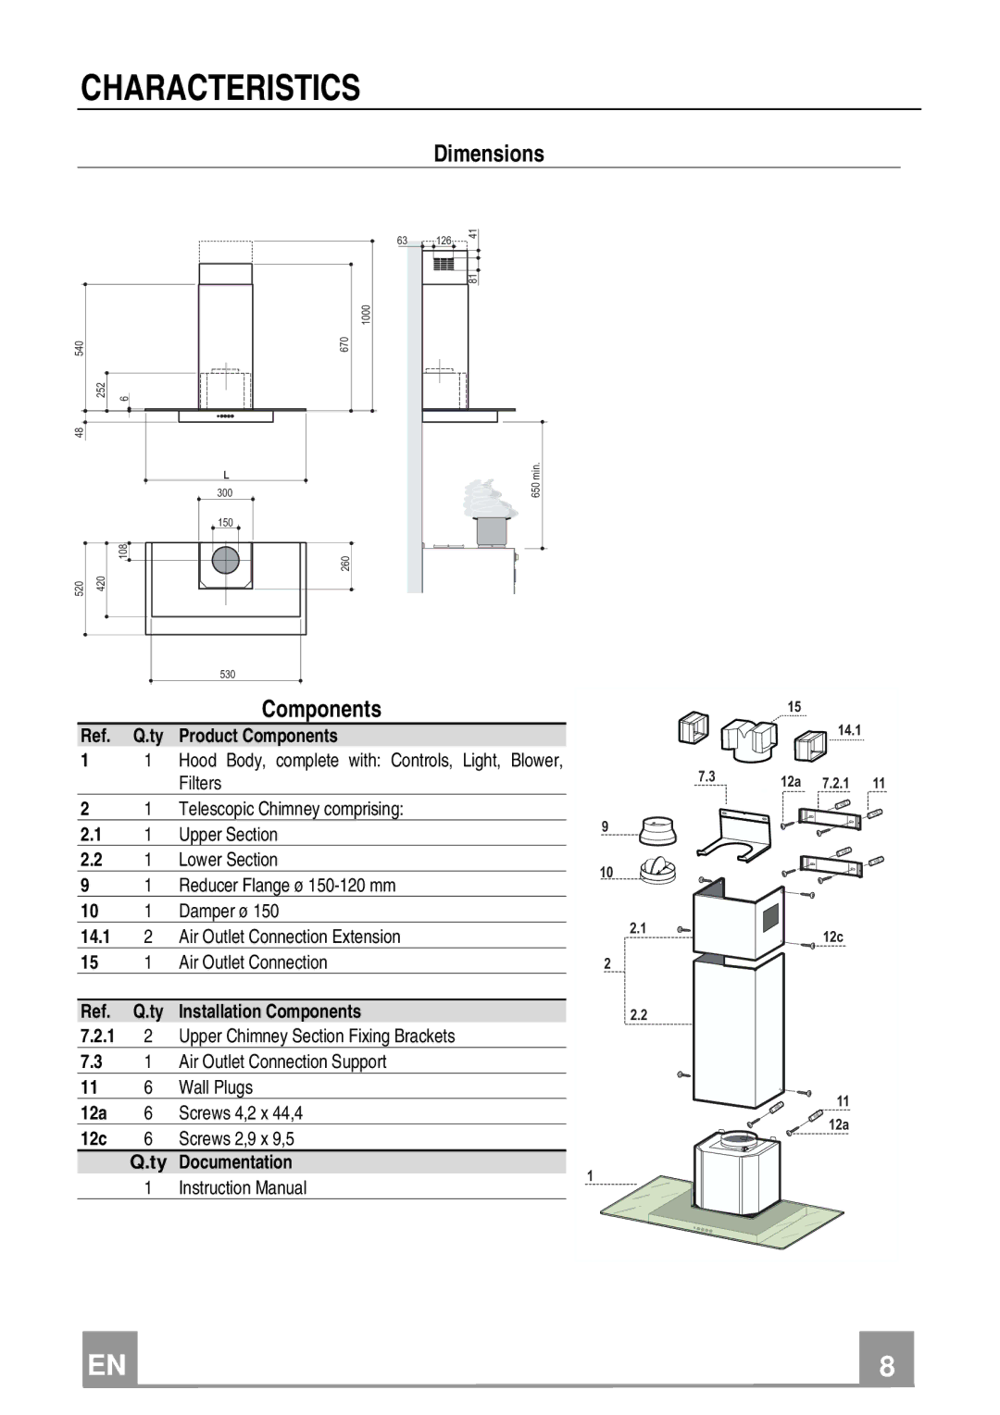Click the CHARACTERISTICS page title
(220, 88)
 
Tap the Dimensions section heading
(489, 154)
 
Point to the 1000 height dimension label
(366, 315)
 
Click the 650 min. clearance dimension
(536, 480)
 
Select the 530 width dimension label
(228, 674)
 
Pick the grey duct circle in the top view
(225, 560)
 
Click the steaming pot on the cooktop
(492, 515)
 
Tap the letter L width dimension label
(226, 475)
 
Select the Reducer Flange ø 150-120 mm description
(287, 885)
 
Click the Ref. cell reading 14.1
(94, 937)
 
